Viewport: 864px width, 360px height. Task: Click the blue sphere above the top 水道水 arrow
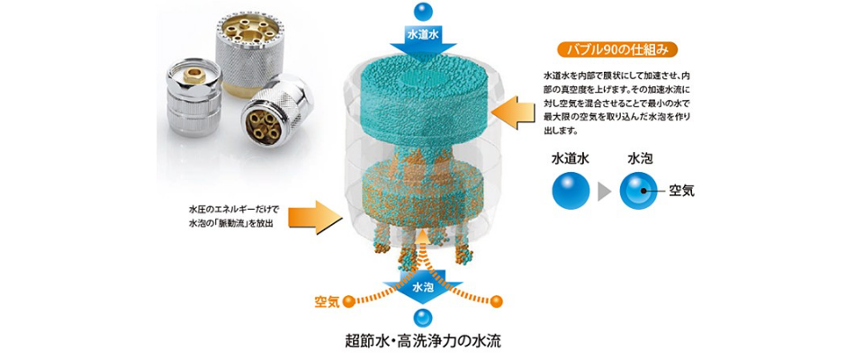tap(422, 12)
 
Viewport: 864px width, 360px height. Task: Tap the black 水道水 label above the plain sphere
tap(571, 159)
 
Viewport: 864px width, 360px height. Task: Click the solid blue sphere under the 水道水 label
tap(571, 191)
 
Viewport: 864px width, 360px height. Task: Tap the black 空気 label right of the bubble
tap(682, 192)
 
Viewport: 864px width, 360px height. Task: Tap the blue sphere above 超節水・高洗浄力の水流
tap(422, 318)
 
